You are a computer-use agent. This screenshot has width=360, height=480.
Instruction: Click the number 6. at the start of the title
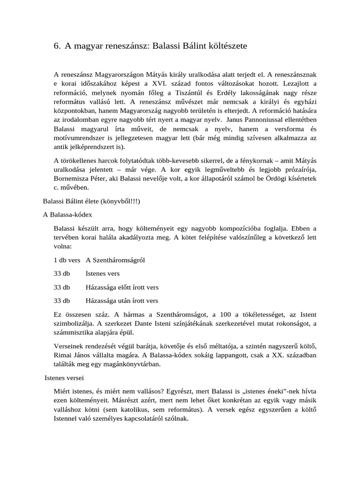pos(57,46)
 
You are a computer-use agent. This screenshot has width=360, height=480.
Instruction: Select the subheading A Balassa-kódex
pos(67,214)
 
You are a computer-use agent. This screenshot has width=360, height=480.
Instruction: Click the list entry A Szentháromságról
pos(115,260)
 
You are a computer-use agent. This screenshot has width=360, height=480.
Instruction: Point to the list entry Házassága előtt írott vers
pos(122,287)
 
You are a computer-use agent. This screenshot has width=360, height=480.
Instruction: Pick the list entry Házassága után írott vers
pos(121,300)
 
